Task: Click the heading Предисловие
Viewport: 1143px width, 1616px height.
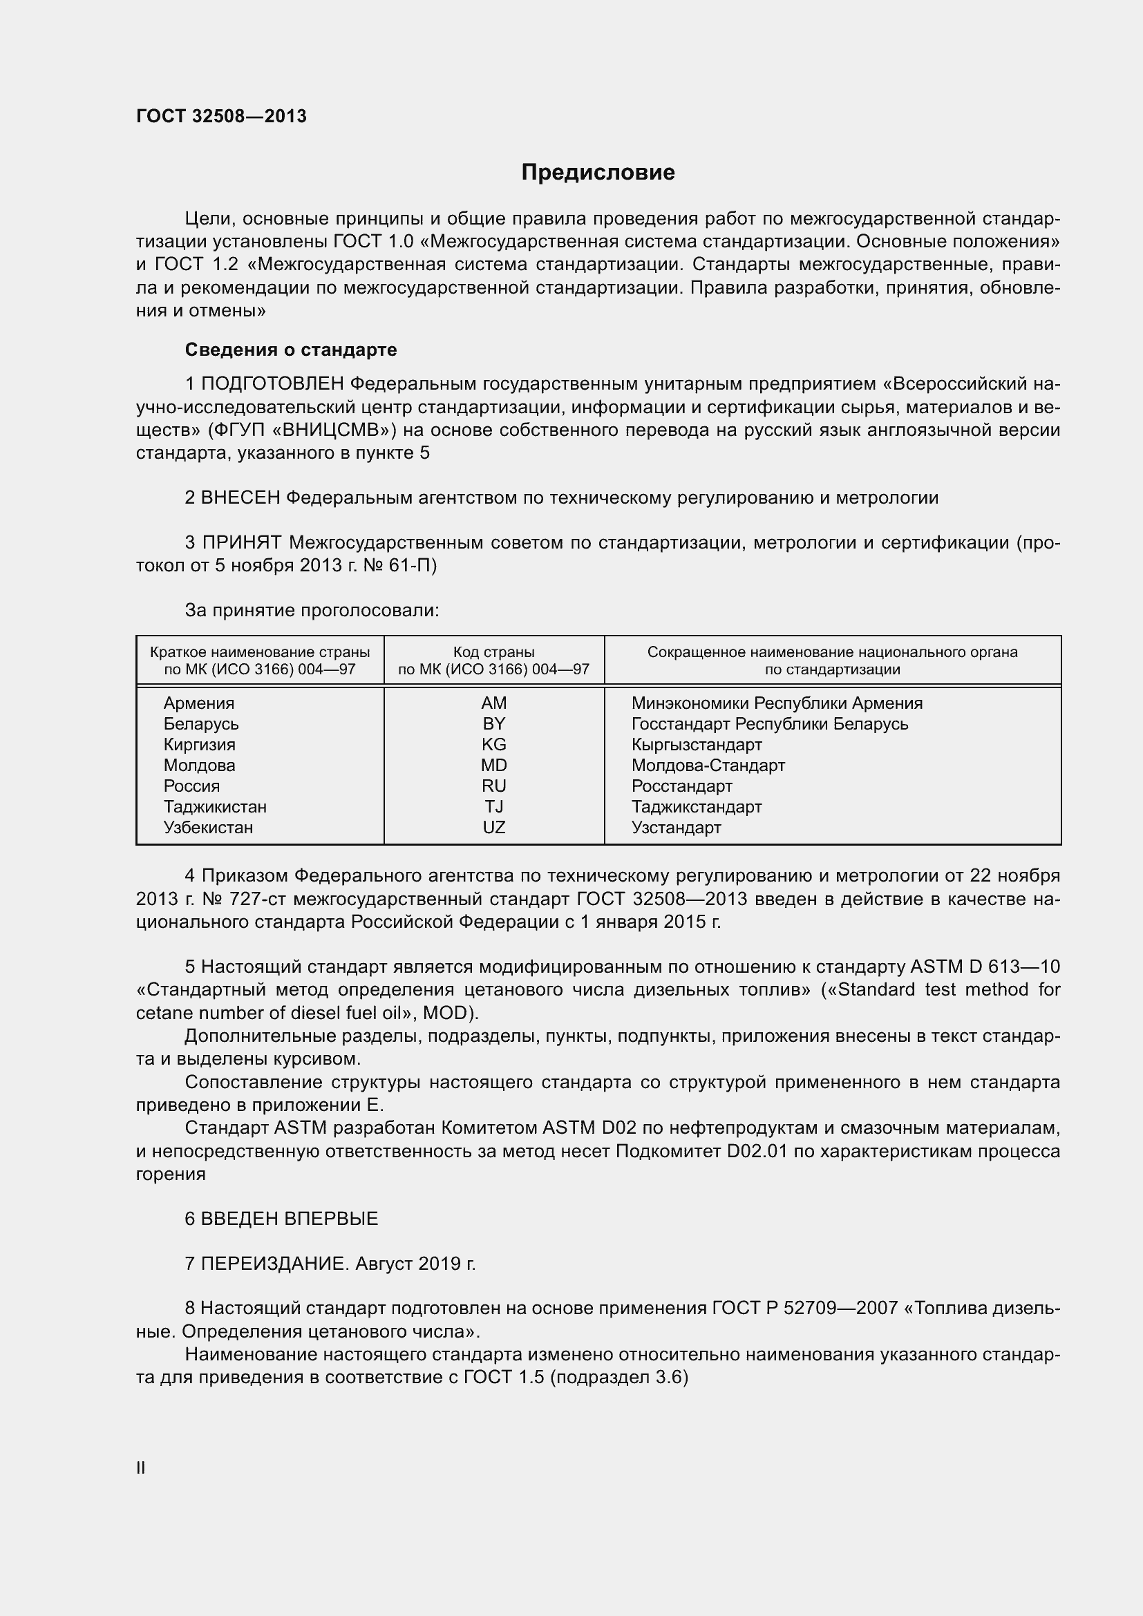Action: [x=598, y=173]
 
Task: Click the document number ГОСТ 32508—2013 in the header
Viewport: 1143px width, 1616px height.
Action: [x=221, y=117]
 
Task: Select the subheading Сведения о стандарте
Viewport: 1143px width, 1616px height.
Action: [x=291, y=350]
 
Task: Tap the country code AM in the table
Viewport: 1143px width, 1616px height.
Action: [x=493, y=703]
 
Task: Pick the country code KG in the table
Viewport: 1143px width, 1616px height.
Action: [x=493, y=744]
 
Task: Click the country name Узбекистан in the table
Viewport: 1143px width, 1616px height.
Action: [x=207, y=827]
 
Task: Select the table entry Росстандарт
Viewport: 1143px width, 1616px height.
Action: [x=681, y=786]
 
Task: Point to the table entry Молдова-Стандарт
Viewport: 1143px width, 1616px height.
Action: [x=708, y=765]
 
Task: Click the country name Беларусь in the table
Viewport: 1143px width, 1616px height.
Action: [x=200, y=723]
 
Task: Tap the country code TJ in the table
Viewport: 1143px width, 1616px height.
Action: [x=493, y=806]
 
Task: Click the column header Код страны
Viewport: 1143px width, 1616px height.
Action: [x=493, y=652]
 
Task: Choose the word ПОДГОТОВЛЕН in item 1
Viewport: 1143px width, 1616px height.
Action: [x=272, y=383]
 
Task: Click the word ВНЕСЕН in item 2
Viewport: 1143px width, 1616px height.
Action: [x=240, y=497]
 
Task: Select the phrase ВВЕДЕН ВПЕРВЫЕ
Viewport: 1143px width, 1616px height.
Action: [x=290, y=1218]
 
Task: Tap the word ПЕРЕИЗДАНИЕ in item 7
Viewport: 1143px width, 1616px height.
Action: [x=274, y=1264]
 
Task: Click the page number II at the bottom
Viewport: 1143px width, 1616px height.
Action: [x=141, y=1467]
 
